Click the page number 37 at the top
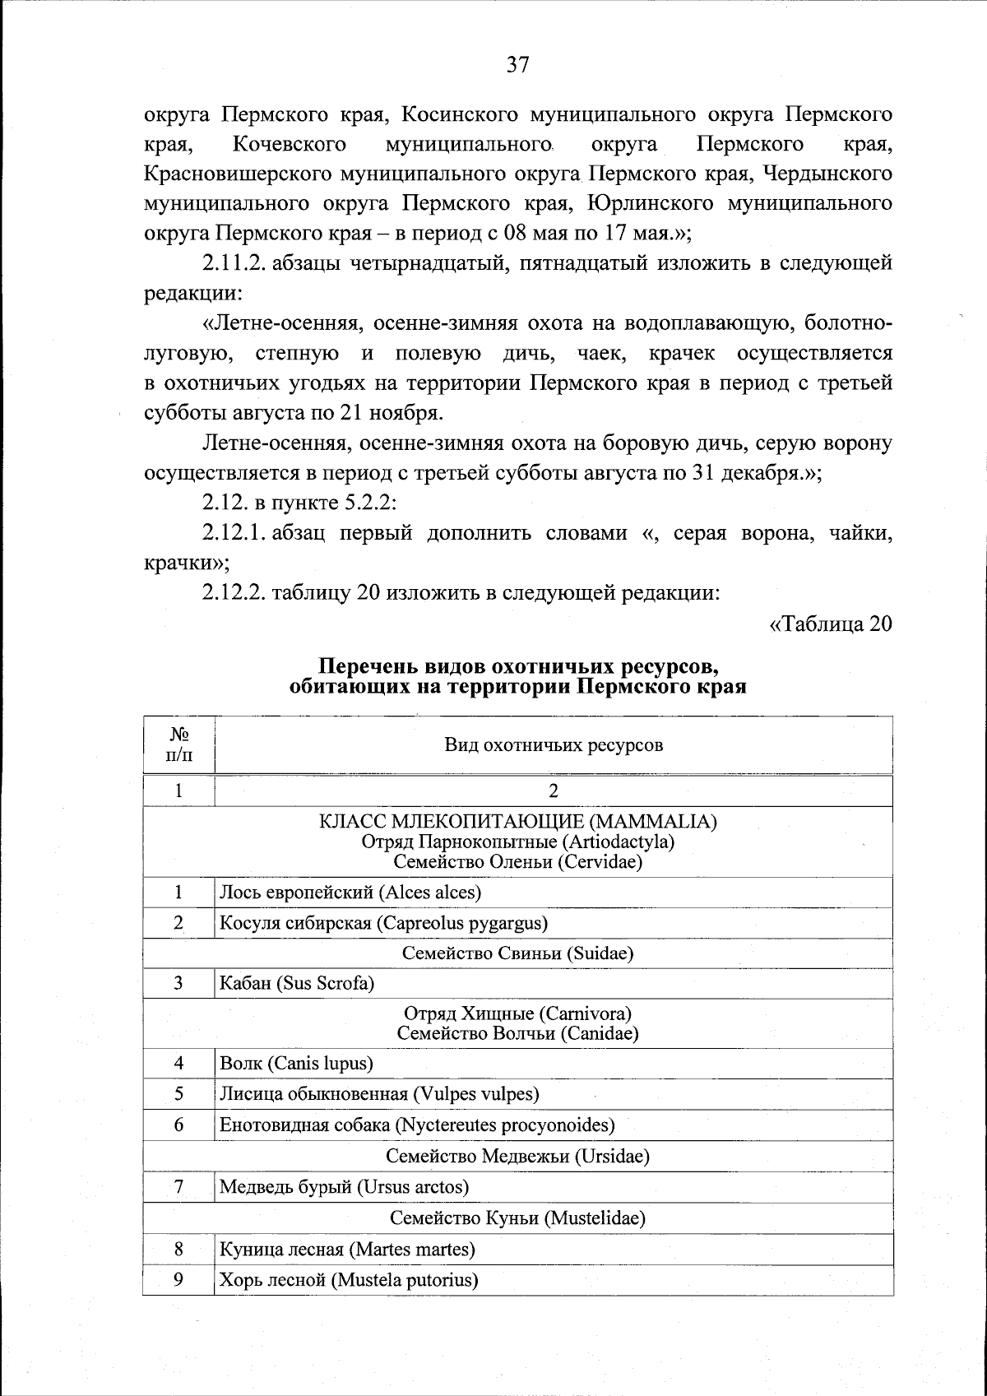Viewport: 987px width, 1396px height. click(517, 65)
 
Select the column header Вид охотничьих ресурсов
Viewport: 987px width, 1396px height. click(553, 745)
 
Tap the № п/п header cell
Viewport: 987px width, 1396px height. click(178, 745)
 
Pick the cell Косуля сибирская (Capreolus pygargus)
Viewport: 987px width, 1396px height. click(383, 922)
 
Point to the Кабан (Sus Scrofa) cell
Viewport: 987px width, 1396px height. click(297, 983)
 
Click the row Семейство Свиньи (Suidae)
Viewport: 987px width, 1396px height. click(517, 953)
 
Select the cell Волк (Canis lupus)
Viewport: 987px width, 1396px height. click(296, 1063)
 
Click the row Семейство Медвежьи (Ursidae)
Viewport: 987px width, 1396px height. click(517, 1156)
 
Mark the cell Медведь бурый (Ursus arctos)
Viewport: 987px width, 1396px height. click(344, 1186)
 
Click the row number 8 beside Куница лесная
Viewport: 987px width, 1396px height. click(178, 1249)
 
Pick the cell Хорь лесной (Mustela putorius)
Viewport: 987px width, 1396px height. click(349, 1280)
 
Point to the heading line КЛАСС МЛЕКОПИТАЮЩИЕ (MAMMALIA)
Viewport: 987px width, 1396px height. click(517, 822)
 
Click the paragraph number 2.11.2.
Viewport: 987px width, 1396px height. click(233, 264)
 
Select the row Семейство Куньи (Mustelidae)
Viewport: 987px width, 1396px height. click(517, 1217)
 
